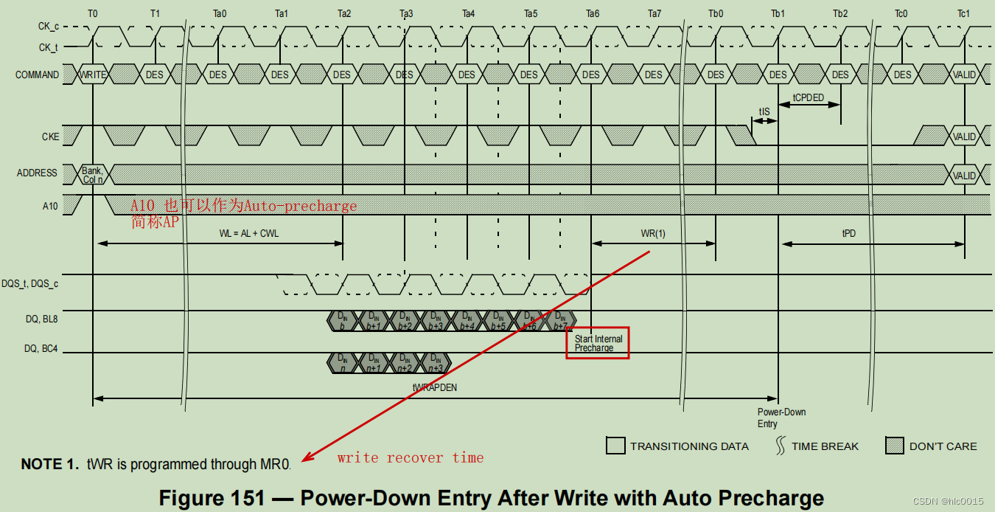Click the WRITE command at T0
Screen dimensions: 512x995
point(93,75)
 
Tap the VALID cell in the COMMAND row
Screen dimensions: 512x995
point(964,75)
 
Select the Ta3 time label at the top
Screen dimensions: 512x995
point(406,13)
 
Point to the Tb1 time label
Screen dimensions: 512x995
point(778,13)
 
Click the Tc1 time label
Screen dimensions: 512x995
point(964,13)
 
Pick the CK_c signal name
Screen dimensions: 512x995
point(49,27)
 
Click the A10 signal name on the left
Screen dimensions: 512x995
point(50,206)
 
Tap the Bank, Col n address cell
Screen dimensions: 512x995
point(92,175)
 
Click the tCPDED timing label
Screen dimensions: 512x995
point(809,97)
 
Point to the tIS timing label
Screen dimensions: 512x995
point(764,112)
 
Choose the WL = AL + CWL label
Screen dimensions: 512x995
point(249,233)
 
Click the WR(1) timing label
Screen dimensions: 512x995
point(653,233)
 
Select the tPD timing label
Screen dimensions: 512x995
point(849,233)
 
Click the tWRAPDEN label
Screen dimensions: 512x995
point(435,387)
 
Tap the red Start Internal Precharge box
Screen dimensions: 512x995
point(598,343)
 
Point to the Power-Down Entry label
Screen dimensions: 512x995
point(771,418)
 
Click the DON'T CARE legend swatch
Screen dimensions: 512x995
point(894,446)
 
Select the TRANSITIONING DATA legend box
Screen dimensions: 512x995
point(615,446)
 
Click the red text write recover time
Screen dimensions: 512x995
point(411,458)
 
